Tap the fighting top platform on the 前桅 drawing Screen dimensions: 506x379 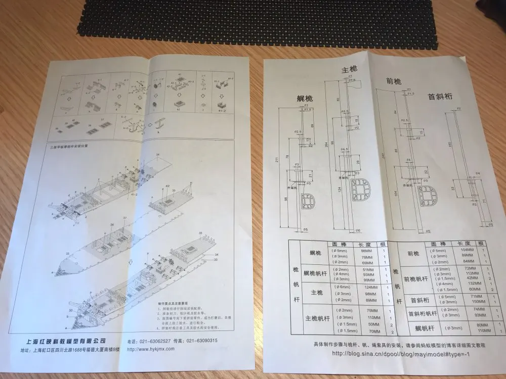(430, 197)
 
